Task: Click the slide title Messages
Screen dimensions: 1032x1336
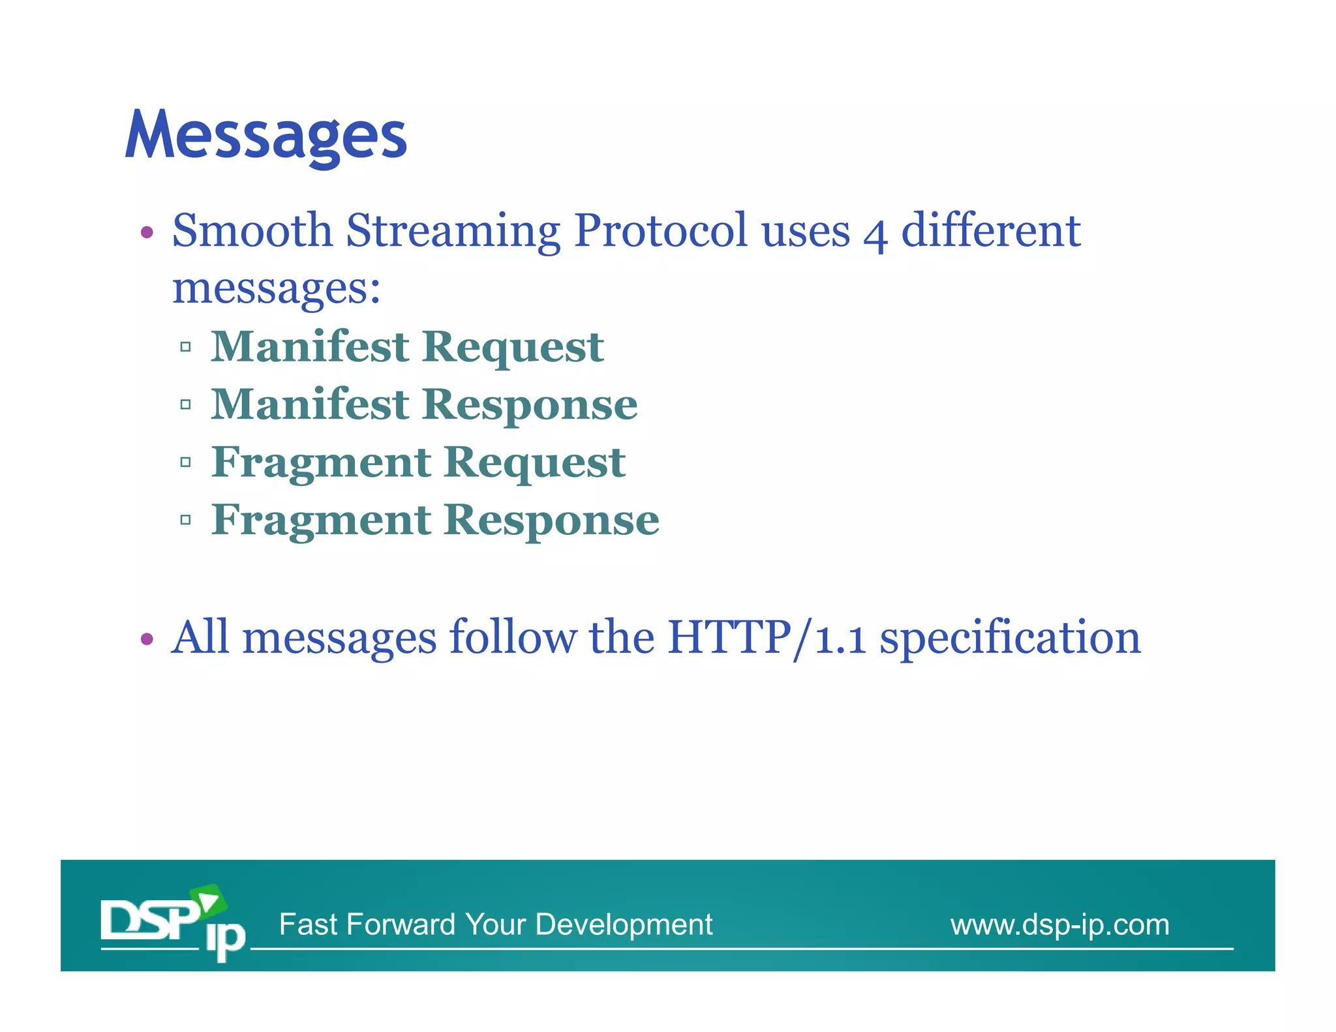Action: [x=266, y=135]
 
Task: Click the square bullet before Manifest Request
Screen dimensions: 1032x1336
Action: [x=185, y=347]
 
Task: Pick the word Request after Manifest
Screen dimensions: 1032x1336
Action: [x=513, y=346]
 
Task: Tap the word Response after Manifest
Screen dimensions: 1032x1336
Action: [x=530, y=404]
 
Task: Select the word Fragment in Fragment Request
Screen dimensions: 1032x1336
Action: [x=321, y=462]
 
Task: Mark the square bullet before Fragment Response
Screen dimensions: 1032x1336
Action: [x=185, y=520]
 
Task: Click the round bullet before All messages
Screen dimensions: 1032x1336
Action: [x=147, y=639]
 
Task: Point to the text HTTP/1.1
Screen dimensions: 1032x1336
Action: [x=767, y=637]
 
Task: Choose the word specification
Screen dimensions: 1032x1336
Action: [x=1010, y=637]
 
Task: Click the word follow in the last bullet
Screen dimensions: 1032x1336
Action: [x=513, y=637]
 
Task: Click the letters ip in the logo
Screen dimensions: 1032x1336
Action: [x=225, y=939]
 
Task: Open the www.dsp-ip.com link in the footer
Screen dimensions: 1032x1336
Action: [x=1059, y=924]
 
